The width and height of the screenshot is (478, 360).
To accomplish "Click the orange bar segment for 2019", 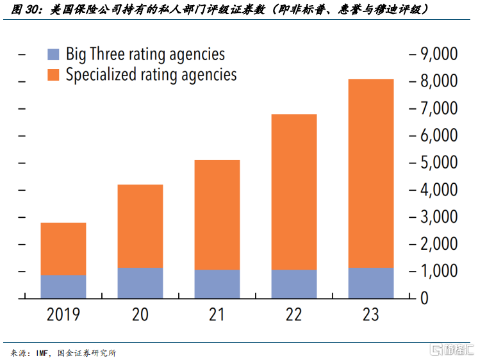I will tap(63, 249).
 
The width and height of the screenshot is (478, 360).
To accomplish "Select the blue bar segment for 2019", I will tap(63, 286).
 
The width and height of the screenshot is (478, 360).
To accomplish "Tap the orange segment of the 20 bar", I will tap(140, 225).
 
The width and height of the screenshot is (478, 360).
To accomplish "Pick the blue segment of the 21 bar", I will tap(217, 284).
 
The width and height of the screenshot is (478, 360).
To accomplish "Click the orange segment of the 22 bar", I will tap(294, 192).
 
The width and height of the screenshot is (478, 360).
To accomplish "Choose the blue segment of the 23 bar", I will tap(371, 282).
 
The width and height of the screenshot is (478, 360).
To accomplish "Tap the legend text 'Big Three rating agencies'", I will tap(145, 54).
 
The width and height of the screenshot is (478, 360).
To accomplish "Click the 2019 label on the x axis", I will tap(63, 315).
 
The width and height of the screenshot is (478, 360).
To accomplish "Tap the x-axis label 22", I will tap(294, 315).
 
